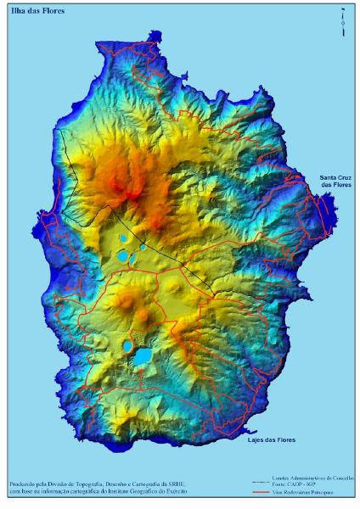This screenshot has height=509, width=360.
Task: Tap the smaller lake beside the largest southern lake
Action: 127,346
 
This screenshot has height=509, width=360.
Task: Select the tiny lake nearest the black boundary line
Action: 143,247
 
